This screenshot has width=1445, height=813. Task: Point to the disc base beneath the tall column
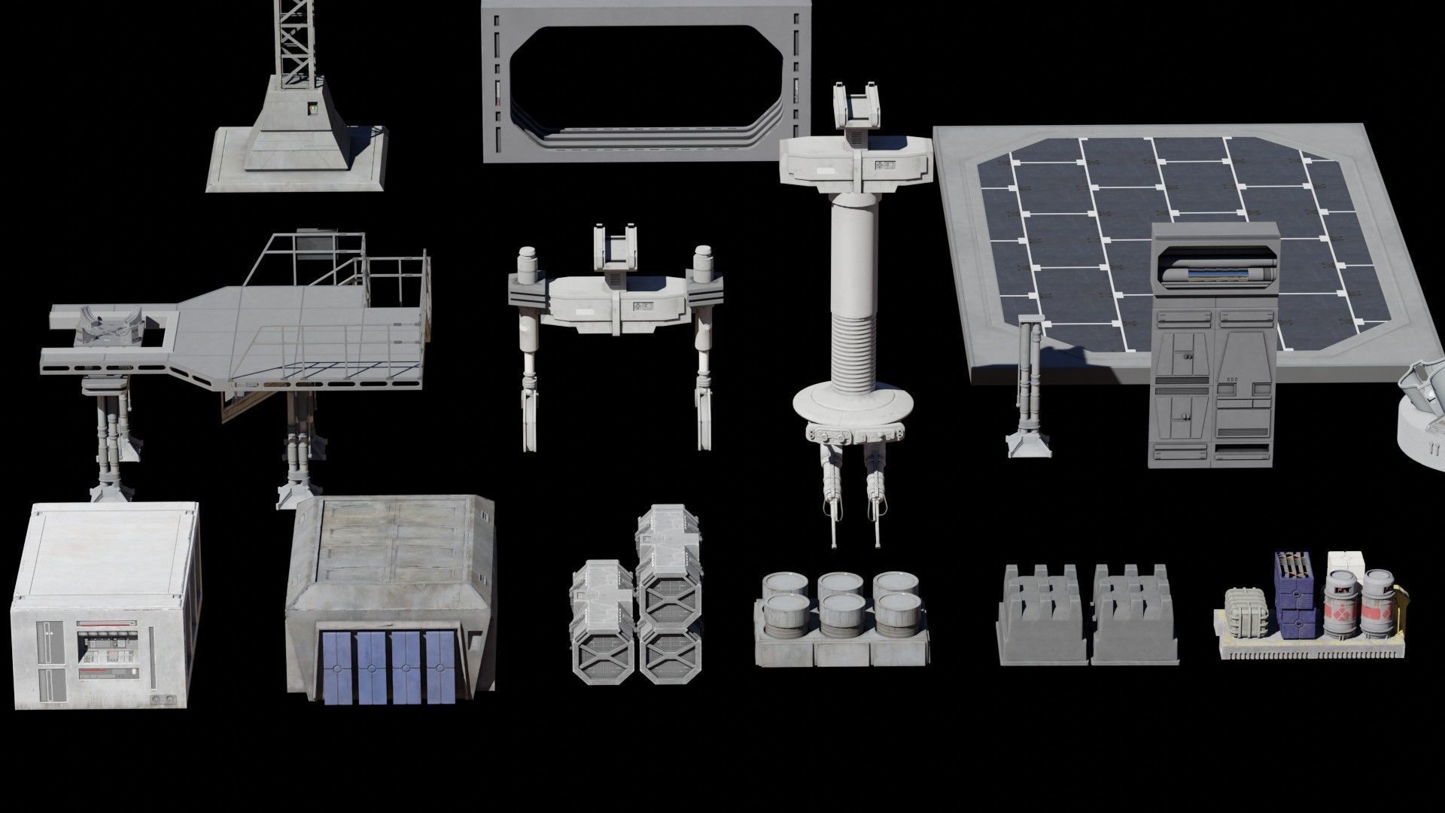tap(854, 406)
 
